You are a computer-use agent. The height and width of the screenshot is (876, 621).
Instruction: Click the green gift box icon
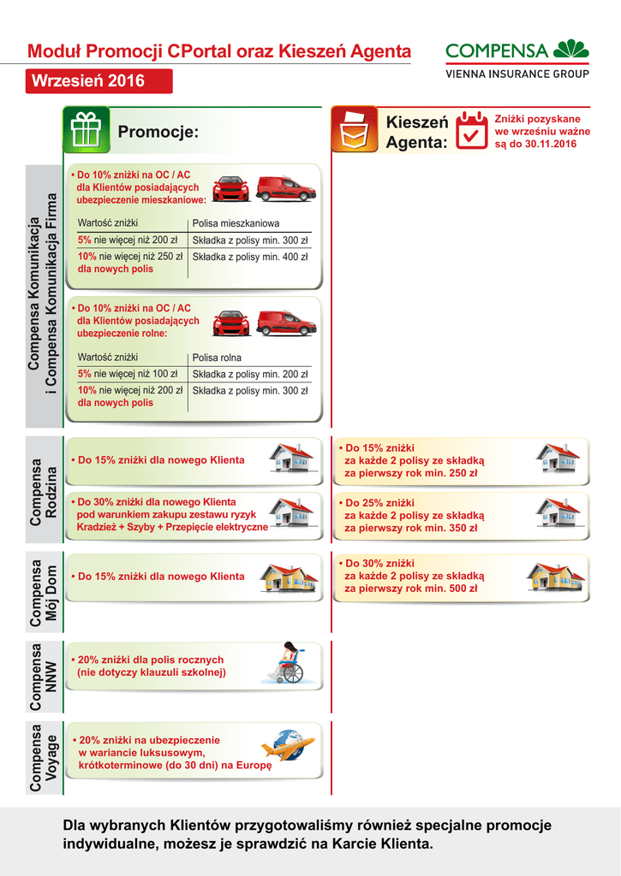(x=86, y=130)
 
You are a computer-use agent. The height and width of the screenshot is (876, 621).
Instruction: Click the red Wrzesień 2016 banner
(x=99, y=81)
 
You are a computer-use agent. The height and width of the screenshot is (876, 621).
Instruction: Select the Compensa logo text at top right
(x=497, y=50)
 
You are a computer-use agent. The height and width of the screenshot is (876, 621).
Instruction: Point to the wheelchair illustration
(x=289, y=663)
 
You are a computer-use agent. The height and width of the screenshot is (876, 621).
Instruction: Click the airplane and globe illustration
(x=288, y=747)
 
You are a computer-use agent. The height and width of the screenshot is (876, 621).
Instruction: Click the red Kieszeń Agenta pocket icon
(x=354, y=130)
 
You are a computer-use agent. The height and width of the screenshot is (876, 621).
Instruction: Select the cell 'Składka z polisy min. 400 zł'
(x=250, y=257)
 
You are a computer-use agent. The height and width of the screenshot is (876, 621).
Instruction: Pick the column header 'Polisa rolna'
(x=217, y=358)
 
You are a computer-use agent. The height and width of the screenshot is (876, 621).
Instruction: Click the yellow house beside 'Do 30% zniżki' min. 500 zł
(x=555, y=577)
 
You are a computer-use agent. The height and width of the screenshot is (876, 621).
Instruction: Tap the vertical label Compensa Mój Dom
(x=44, y=595)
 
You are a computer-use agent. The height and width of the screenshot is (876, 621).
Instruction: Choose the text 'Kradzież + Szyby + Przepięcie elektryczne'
(x=172, y=527)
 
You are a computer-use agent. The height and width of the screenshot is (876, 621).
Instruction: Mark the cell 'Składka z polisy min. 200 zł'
(x=250, y=374)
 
